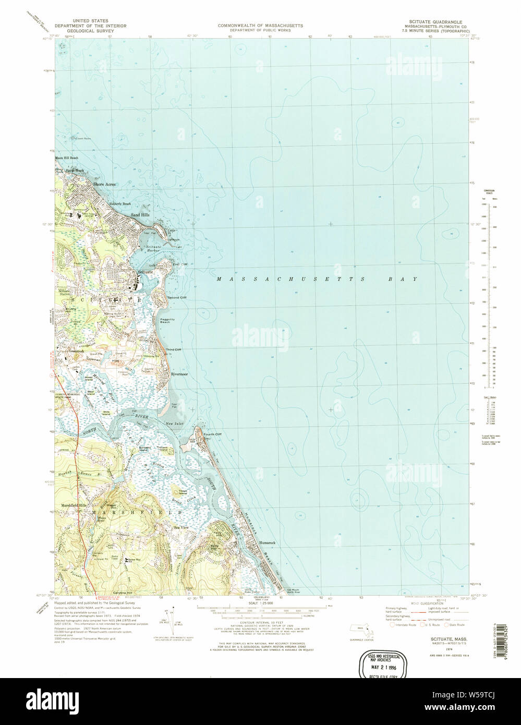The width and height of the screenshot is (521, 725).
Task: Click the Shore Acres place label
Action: coord(104,185)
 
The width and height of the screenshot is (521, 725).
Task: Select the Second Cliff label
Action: coord(176,298)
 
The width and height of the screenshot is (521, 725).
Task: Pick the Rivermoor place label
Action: coord(179,374)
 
